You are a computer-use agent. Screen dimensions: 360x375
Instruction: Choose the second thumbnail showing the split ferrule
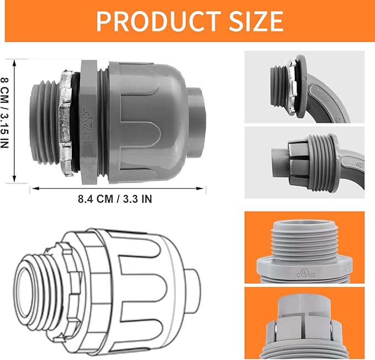[x=304, y=163]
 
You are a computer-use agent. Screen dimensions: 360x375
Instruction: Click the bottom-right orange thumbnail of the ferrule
[x=304, y=321]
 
